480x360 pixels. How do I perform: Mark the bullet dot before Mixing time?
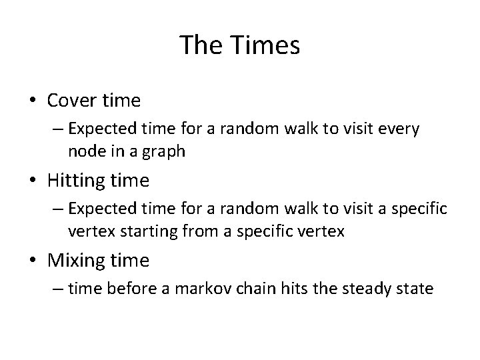pyautogui.click(x=33, y=261)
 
